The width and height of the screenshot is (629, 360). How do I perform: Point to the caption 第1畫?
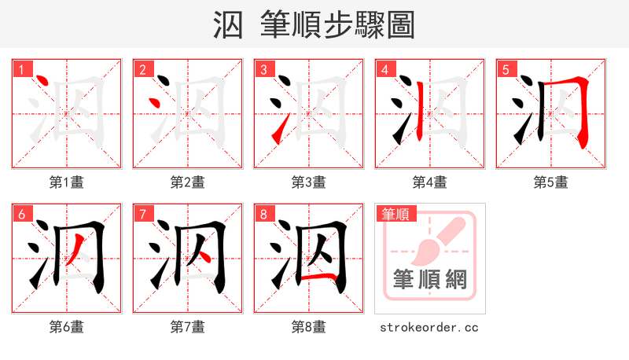67,182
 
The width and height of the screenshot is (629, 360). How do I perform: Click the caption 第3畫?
308,182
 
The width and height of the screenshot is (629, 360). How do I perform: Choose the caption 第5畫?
550,182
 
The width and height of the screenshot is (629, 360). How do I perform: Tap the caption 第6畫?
67,326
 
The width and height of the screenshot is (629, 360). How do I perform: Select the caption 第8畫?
308,326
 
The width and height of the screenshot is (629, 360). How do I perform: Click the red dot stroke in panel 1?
42,83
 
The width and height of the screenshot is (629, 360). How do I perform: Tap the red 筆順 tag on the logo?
396,214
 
